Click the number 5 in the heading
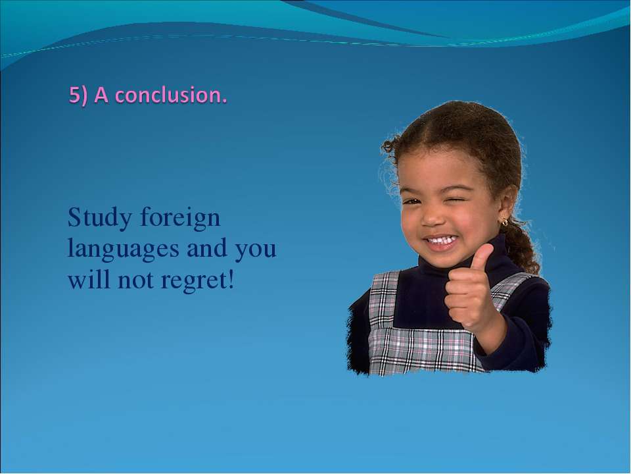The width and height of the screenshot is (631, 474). click(74, 95)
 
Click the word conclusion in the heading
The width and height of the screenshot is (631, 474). click(169, 95)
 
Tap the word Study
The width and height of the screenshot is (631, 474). click(100, 219)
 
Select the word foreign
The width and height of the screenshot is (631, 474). click(181, 219)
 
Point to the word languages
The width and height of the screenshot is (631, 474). click(123, 250)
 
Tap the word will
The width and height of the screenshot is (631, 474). click(89, 279)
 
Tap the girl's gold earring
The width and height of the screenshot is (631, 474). click(504, 222)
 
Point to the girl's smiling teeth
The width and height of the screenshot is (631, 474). click(442, 241)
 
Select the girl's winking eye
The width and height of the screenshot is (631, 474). click(458, 200)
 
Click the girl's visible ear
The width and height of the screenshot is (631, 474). click(507, 205)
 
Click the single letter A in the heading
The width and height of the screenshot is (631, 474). click(101, 95)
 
